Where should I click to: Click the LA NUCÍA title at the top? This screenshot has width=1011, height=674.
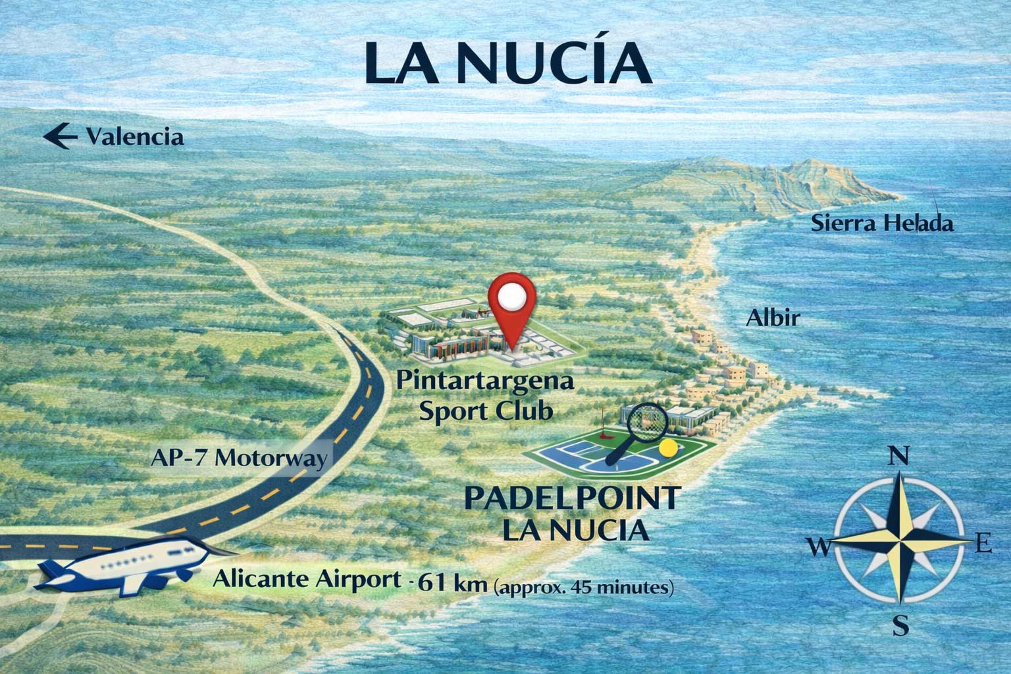(x=507, y=64)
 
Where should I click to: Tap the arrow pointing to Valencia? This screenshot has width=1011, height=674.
(x=57, y=137)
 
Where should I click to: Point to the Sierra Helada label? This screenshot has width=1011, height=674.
(x=882, y=224)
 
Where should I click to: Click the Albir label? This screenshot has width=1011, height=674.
(x=772, y=319)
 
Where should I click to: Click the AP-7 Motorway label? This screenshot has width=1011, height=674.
(x=237, y=458)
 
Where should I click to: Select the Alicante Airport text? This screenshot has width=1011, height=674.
(x=306, y=581)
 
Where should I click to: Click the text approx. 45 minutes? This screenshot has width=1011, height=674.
(x=583, y=586)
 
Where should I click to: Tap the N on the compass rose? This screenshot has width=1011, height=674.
(x=895, y=455)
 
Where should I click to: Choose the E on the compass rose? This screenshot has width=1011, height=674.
(x=983, y=544)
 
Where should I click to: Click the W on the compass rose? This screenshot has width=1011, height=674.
(x=817, y=546)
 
